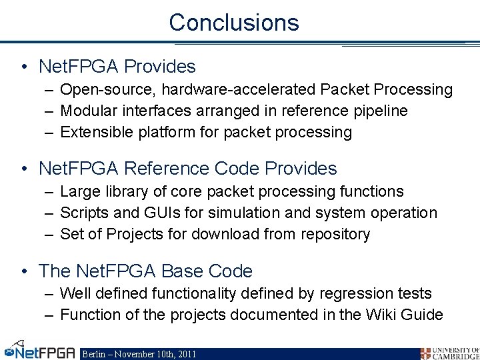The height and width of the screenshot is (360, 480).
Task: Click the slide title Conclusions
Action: tap(234, 23)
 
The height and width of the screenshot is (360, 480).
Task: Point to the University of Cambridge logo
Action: tap(449, 353)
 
